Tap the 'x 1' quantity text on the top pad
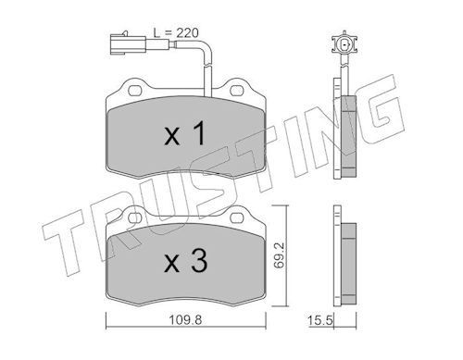pos(186,135)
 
